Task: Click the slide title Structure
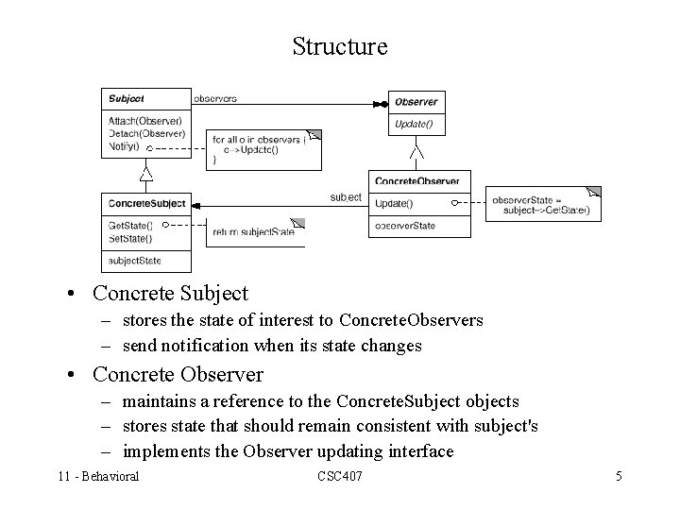(340, 46)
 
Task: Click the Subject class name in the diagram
(127, 98)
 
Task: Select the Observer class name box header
(416, 102)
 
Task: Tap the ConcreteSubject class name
(147, 203)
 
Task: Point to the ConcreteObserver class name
(416, 180)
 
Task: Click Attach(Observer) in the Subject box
(145, 121)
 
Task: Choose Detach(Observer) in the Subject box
(145, 133)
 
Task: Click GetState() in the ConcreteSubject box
(130, 225)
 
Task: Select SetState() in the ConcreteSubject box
(130, 237)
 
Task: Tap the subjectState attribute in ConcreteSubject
(135, 260)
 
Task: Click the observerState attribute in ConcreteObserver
(405, 226)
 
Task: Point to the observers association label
(214, 97)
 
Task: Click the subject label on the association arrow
(345, 197)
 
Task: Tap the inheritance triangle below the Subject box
(145, 175)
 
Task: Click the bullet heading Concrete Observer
(178, 374)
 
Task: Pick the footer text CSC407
(340, 476)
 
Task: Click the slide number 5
(619, 476)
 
